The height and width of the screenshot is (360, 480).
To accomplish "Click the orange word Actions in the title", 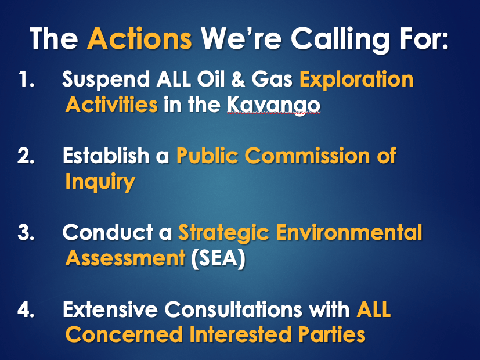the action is coord(140,38).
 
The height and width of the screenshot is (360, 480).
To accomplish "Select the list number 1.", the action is coord(26,79).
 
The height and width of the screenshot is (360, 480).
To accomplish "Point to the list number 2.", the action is coord(26,156).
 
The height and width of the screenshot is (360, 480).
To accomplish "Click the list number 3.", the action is coord(26,232).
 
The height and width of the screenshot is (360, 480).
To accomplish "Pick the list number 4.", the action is coord(26,309).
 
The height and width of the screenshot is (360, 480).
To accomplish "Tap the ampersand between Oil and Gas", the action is coord(238,79).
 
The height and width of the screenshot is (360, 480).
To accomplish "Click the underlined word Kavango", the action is coord(274,106).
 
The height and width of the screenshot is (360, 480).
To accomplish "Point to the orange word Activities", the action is coord(112,105).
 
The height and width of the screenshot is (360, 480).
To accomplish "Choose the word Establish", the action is coord(106,155).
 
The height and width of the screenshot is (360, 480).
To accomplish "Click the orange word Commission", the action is coord(308,156).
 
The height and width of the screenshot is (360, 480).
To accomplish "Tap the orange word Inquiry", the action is coord(100,182).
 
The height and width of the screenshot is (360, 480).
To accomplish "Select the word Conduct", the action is coord(108,232).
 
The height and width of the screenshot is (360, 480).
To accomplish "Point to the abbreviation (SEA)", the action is coord(218,258).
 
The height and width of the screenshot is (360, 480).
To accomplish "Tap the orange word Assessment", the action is coord(125,258).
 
